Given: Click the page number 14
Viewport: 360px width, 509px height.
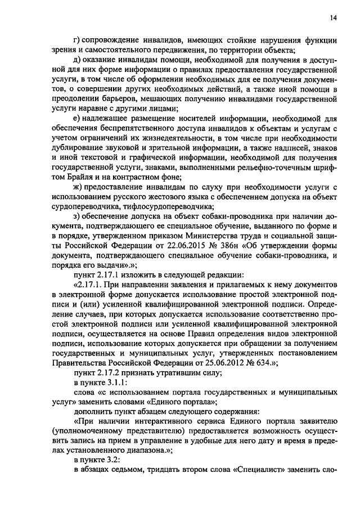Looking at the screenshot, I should click(x=334, y=18).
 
